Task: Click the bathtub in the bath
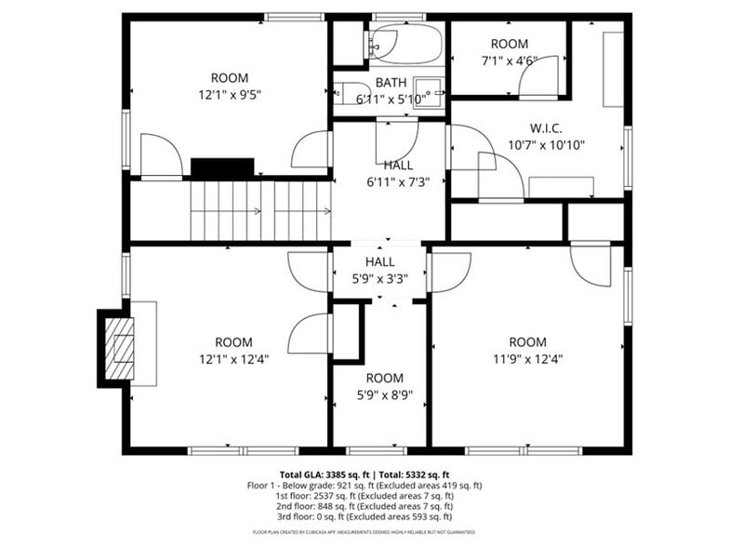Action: (x=405, y=43)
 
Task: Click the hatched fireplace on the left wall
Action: (x=118, y=348)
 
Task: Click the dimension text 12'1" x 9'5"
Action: (x=229, y=94)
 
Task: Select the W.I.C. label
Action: (x=546, y=127)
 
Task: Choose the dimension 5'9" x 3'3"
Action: (x=379, y=277)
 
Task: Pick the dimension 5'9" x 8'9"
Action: (x=384, y=394)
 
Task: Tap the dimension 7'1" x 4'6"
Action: (x=509, y=60)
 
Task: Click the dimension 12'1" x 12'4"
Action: (x=233, y=358)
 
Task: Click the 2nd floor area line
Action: (x=364, y=506)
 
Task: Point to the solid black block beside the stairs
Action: (x=222, y=168)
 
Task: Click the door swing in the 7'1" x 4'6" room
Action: (x=539, y=79)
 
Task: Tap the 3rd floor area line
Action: (x=364, y=516)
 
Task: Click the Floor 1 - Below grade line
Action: (x=364, y=486)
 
